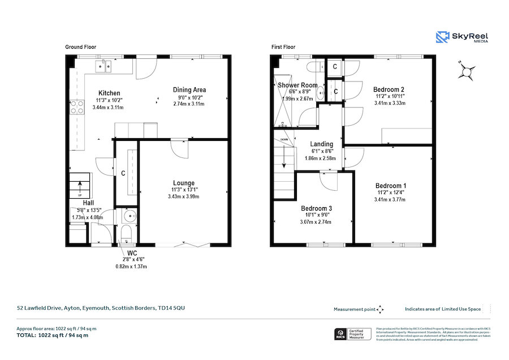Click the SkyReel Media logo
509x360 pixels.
[x=462, y=37]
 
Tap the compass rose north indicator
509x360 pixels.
[x=467, y=72]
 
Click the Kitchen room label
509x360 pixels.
[x=109, y=93]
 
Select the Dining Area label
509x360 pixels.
[x=189, y=89]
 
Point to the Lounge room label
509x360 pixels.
[x=184, y=183]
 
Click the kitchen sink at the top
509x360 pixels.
[x=104, y=67]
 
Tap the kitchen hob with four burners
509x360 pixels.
[x=76, y=107]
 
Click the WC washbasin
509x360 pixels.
[x=130, y=216]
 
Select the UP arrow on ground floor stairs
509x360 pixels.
[x=79, y=185]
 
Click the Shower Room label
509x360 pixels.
[x=297, y=85]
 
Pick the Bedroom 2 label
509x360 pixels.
[x=389, y=89]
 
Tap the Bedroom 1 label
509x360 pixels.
[x=390, y=186]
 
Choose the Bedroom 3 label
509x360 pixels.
[x=316, y=208]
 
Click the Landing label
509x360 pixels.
[x=321, y=144]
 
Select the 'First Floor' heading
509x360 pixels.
[x=283, y=48]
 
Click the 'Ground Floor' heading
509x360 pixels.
[x=80, y=48]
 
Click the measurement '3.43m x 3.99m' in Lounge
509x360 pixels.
[x=184, y=196]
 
